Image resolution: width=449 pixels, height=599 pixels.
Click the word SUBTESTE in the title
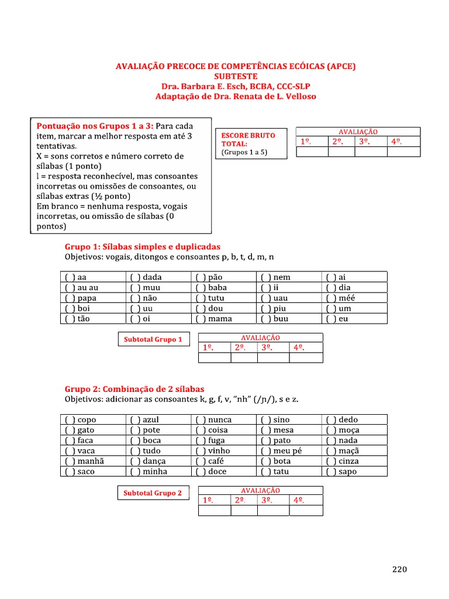235,76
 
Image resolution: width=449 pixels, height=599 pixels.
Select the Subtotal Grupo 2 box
153,493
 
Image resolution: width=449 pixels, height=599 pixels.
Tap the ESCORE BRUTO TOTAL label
248,139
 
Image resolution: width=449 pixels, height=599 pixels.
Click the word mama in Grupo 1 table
220,319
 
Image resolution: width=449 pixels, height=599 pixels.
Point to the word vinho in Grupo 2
219,451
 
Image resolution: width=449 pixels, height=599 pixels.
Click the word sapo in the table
348,471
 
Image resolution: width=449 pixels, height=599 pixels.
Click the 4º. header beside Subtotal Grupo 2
299,501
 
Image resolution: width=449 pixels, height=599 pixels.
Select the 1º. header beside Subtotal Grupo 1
208,347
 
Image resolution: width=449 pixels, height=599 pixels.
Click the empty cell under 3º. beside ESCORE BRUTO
371,152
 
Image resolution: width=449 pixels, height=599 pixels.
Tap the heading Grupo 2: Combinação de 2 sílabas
134,389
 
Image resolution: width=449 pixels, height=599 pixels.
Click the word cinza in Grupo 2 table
349,461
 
